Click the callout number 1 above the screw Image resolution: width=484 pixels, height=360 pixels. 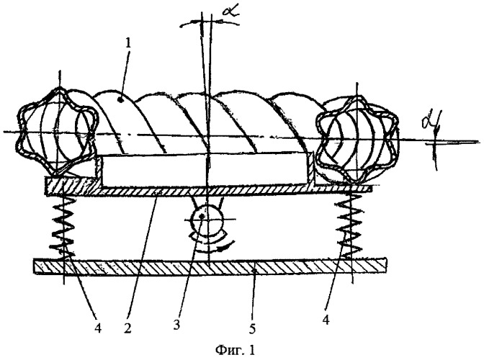click(128, 43)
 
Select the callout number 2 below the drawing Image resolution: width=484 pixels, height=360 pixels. click(127, 328)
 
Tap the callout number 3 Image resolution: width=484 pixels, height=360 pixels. click(176, 325)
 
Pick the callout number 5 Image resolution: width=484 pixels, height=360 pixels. click(252, 329)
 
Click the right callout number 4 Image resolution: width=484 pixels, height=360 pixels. click(326, 320)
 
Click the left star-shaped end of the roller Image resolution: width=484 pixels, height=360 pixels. click(58, 132)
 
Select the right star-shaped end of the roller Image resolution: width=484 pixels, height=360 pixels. click(357, 139)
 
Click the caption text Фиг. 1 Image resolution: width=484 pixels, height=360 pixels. click(236, 350)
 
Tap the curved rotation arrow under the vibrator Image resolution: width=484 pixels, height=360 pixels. click(216, 243)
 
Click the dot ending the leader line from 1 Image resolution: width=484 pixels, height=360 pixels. click(121, 99)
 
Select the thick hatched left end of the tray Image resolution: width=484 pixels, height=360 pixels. click(73, 185)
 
